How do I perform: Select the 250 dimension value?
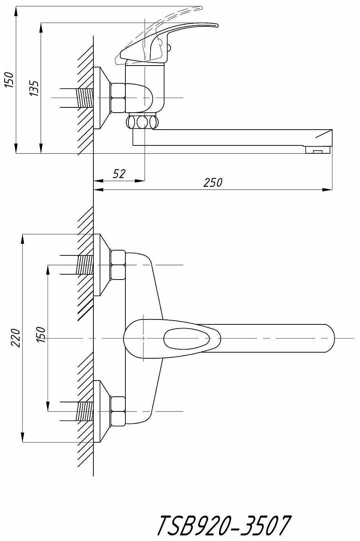[213, 183]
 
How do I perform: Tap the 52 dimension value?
[119, 174]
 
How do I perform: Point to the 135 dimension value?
[34, 88]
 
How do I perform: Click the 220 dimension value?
[15, 338]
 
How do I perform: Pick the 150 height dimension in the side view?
[9, 80]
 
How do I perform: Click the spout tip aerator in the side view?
[318, 151]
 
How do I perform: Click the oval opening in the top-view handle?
[187, 338]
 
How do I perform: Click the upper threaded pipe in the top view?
[85, 265]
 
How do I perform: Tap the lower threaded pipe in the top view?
[85, 411]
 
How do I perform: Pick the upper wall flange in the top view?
[101, 265]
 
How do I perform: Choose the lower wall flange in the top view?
[101, 411]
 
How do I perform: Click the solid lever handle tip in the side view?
[211, 25]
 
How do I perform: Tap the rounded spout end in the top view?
[328, 338]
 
